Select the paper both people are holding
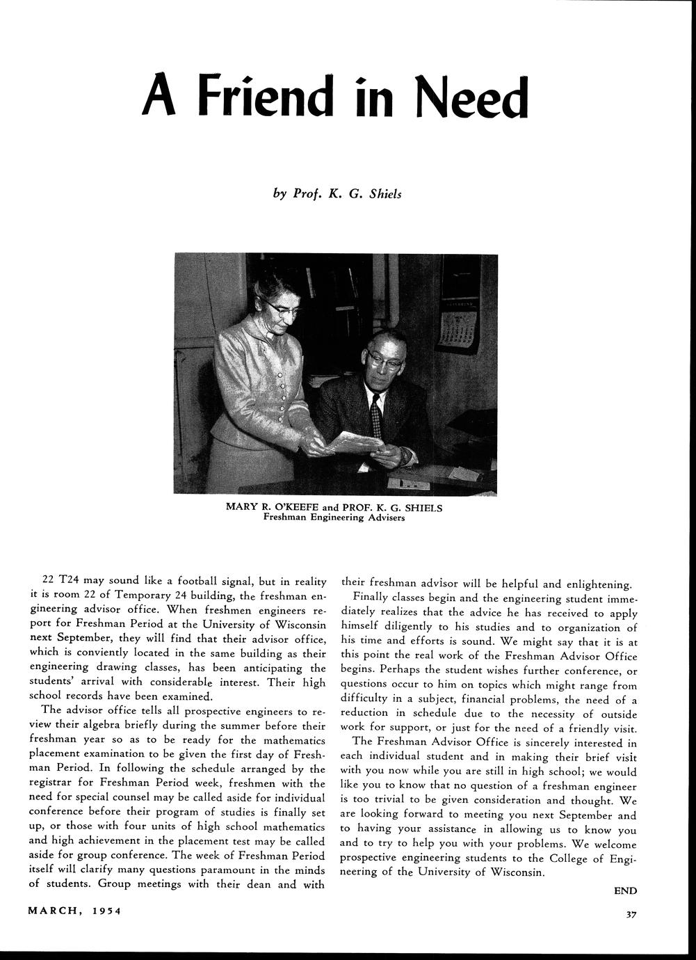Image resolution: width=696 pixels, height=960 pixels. coord(355,442)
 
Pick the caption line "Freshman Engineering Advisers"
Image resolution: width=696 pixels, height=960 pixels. coord(334,518)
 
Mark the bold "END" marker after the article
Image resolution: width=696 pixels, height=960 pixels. coord(624,890)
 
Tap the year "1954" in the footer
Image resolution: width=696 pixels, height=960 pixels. coord(106,911)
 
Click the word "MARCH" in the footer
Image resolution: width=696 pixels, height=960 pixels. coord(54,911)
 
